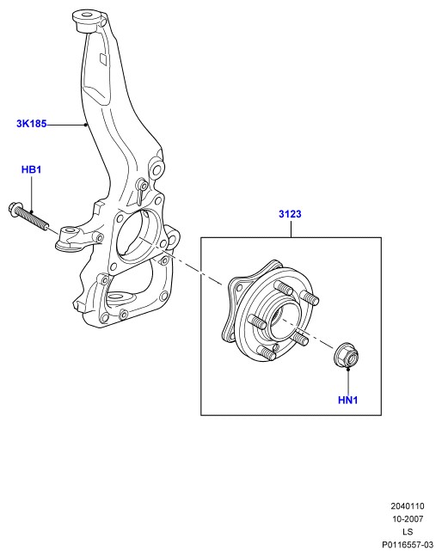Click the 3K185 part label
(x=31, y=124)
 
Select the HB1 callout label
(x=31, y=169)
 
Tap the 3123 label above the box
(x=290, y=214)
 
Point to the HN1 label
(x=348, y=400)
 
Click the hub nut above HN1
(x=347, y=354)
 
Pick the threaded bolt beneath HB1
(x=28, y=215)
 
